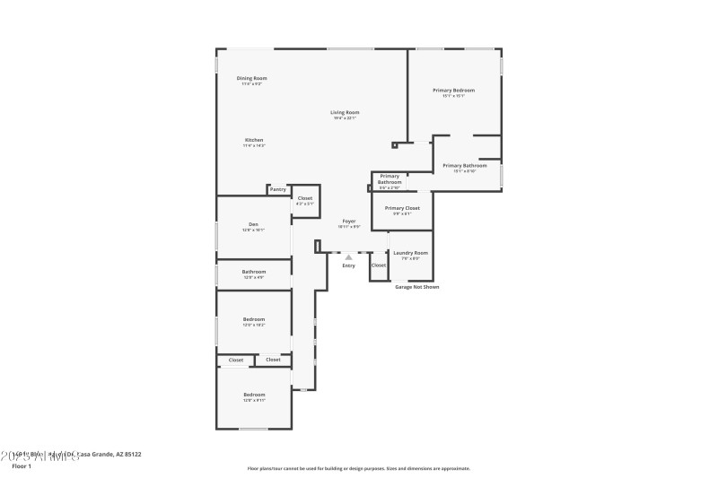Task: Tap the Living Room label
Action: pyautogui.click(x=345, y=112)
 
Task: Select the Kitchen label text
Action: pyautogui.click(x=254, y=140)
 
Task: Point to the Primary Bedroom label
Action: pyautogui.click(x=453, y=90)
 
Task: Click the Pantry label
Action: pyautogui.click(x=278, y=189)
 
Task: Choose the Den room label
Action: pyautogui.click(x=253, y=224)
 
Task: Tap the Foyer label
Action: pyautogui.click(x=348, y=221)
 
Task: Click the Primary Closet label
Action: pyautogui.click(x=402, y=208)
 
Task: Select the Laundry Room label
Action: pyautogui.click(x=410, y=253)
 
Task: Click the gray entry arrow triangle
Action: pyautogui.click(x=348, y=257)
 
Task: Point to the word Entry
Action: pyautogui.click(x=348, y=265)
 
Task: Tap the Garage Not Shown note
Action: pyautogui.click(x=417, y=287)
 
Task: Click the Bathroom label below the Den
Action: pyautogui.click(x=253, y=271)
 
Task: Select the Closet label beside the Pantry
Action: pyautogui.click(x=305, y=197)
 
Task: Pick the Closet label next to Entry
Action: pyautogui.click(x=379, y=265)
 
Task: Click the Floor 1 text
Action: pyautogui.click(x=21, y=466)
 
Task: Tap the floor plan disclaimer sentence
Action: pyautogui.click(x=358, y=468)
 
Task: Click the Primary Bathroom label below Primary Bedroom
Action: pyautogui.click(x=465, y=165)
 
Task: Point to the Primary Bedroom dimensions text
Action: pyautogui.click(x=453, y=96)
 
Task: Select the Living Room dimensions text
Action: pyautogui.click(x=345, y=118)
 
